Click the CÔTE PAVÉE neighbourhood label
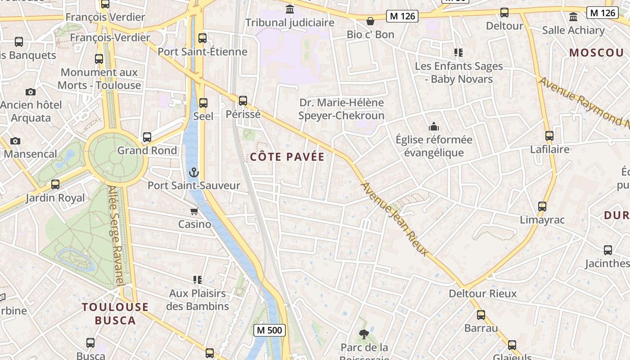pos(287,157)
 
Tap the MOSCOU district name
pos(597,53)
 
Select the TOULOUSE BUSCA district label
pos(115,314)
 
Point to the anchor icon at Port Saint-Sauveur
pos(193,172)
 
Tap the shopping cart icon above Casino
pos(194,211)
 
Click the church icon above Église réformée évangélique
pos(434,126)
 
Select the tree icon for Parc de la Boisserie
pos(364,334)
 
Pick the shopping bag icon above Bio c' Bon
pos(370,21)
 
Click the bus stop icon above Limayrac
pos(542,207)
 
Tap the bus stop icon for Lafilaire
pos(549,136)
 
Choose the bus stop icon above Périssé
pos(243,101)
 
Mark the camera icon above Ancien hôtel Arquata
pos(31,92)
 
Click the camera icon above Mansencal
pos(15,141)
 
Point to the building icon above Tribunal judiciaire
pos(290,9)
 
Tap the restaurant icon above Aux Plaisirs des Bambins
pos(197,280)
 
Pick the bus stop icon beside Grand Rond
pos(147,137)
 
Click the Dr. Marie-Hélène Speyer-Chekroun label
pos(342,109)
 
